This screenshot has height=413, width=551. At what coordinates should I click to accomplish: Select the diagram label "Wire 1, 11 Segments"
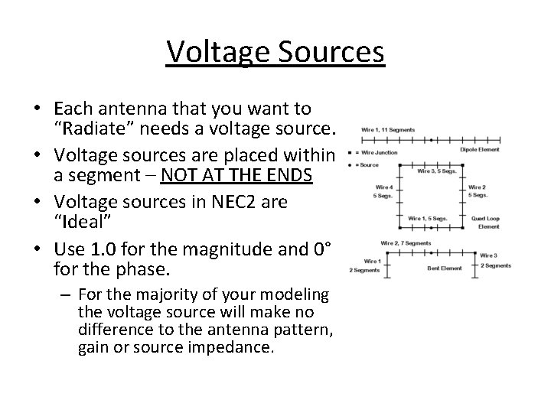[x=388, y=129]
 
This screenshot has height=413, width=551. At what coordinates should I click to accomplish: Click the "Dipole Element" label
[x=480, y=149]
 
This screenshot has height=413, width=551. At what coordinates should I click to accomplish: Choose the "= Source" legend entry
[x=367, y=164]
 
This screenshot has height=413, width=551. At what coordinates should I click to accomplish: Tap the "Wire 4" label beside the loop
[x=384, y=187]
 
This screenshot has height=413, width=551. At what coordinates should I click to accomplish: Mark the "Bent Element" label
[x=445, y=268]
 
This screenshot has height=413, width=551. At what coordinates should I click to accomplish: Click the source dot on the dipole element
[x=432, y=140]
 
